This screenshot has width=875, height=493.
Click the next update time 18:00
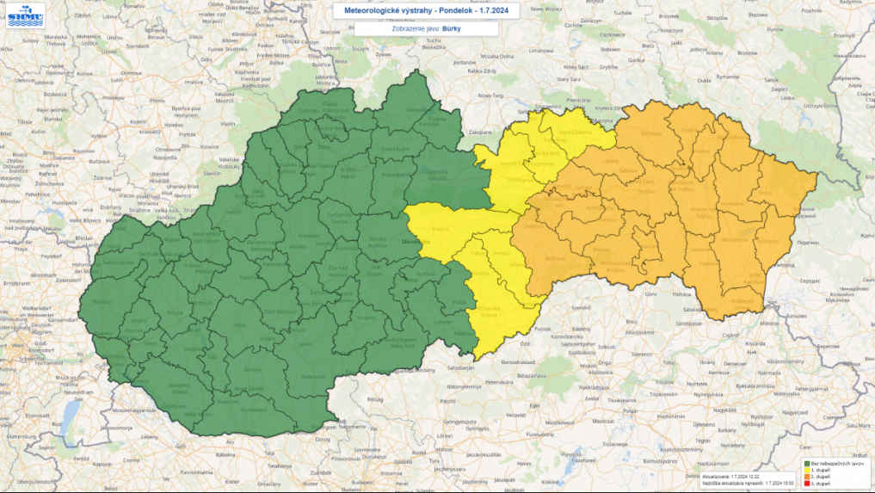(x=779, y=482)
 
